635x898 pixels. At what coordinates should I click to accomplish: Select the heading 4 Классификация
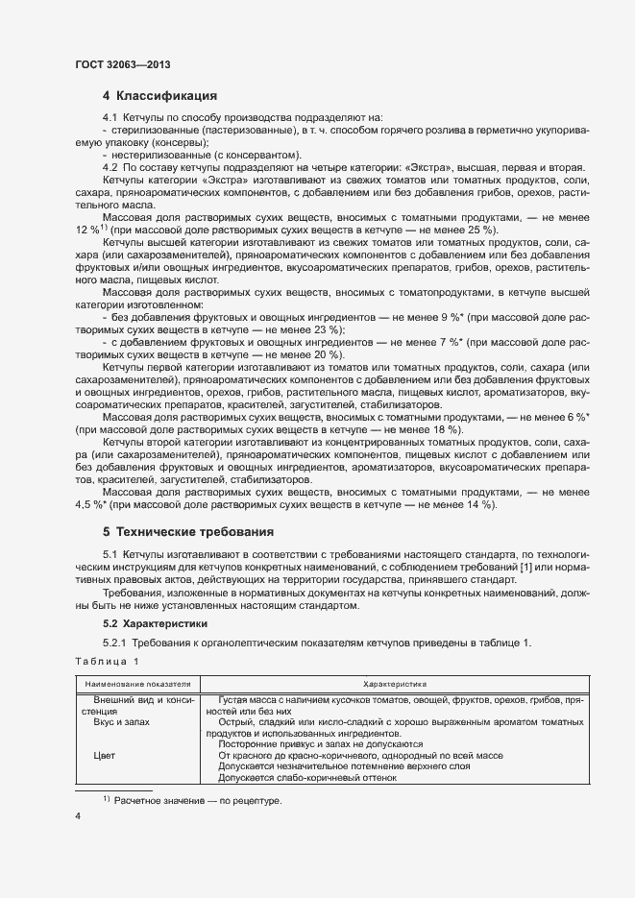click(x=159, y=96)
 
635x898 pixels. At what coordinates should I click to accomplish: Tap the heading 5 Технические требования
click(x=188, y=531)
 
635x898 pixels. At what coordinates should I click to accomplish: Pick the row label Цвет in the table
click(x=105, y=756)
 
